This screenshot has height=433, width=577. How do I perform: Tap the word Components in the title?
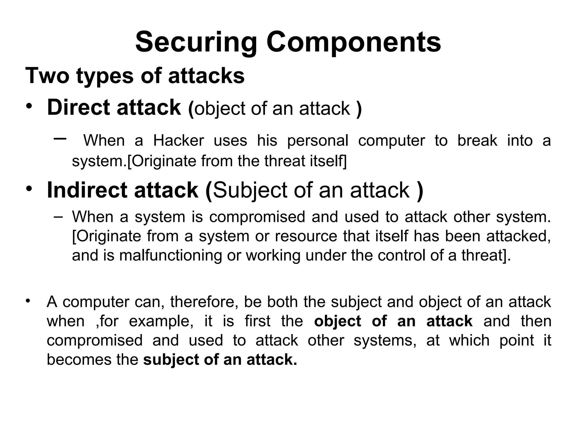click(354, 43)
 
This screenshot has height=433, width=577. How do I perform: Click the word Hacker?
click(179, 140)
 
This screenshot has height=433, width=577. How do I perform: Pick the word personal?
click(318, 141)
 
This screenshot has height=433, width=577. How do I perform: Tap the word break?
click(477, 140)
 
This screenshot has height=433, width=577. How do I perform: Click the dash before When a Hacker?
click(60, 138)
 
